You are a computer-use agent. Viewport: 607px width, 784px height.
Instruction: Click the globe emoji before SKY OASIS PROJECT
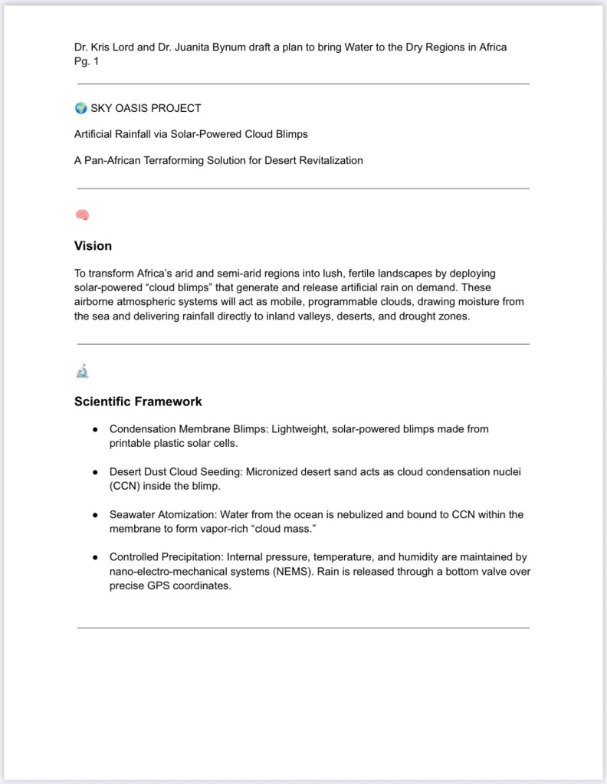80,108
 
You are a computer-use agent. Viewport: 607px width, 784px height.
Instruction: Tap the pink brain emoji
82,215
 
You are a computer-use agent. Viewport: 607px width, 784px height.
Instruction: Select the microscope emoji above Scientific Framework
82,372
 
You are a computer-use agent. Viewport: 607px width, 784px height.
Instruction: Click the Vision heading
93,246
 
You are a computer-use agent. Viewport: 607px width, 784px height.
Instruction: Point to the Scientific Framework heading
138,402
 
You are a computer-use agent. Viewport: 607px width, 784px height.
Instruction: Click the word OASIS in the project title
134,108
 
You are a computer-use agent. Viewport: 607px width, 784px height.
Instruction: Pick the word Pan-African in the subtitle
111,160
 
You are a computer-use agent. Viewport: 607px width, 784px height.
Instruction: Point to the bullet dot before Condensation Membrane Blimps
94,429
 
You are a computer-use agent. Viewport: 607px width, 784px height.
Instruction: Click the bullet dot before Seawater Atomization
94,515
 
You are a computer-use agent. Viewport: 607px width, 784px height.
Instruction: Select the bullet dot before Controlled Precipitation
94,557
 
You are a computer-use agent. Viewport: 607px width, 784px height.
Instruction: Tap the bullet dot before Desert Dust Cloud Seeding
94,472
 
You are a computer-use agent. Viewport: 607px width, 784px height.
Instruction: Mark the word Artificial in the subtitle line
95,134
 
